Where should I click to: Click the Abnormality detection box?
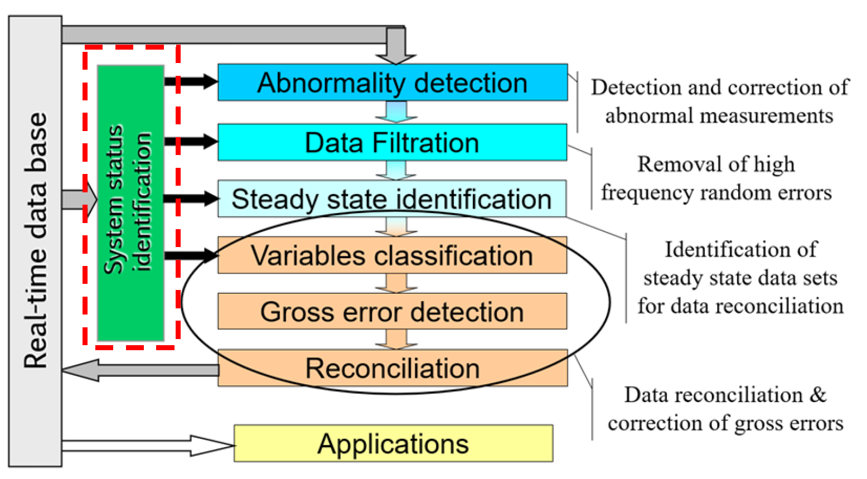[x=393, y=83]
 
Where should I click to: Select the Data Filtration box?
[x=393, y=142]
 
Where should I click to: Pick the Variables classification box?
[x=392, y=255]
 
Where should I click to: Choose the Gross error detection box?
[x=392, y=312]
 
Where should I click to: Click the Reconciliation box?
[x=393, y=368]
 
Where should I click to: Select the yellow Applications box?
[x=393, y=444]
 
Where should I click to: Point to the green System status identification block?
[x=130, y=203]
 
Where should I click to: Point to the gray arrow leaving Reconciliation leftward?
[x=139, y=370]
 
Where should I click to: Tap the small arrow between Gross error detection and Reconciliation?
[x=396, y=339]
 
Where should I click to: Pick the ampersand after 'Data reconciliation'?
[x=818, y=395]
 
